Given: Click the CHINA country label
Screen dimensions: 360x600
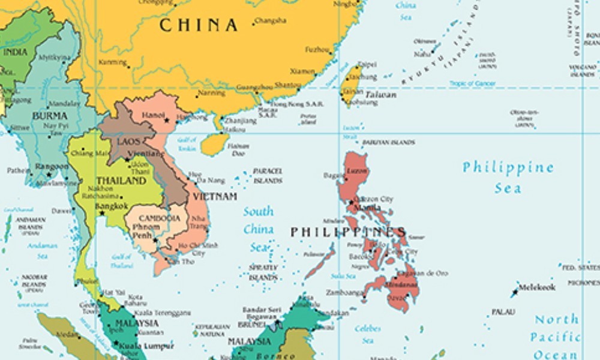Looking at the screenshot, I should coord(198,25).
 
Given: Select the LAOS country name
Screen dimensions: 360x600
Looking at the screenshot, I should coord(128,142).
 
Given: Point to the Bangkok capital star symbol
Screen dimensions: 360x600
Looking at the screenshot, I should coord(102,213).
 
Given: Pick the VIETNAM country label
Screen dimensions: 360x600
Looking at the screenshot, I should coord(214,196).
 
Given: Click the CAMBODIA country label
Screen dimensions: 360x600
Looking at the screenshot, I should coord(159,218).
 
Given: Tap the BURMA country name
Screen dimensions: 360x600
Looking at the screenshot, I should coord(50,115).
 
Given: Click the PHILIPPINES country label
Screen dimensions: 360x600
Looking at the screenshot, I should coord(348,232).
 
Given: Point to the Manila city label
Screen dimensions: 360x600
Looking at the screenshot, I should coord(367,208).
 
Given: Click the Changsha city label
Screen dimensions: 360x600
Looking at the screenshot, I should coord(271,21).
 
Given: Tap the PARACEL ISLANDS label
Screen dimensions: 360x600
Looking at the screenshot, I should coord(267,175).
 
